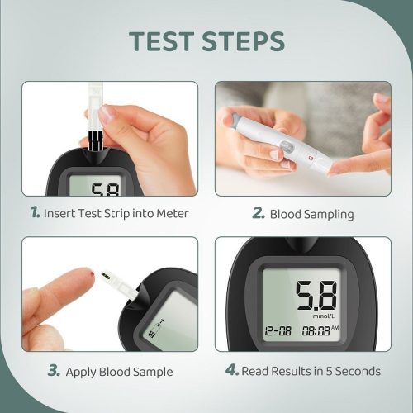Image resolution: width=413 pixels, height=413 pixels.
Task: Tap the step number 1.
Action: [35, 213]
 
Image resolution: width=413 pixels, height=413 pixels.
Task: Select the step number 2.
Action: [258, 214]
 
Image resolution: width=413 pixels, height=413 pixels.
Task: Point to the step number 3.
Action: [54, 371]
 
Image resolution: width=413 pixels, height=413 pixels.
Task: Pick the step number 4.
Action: [232, 371]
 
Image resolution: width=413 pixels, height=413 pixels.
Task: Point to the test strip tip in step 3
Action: [106, 275]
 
